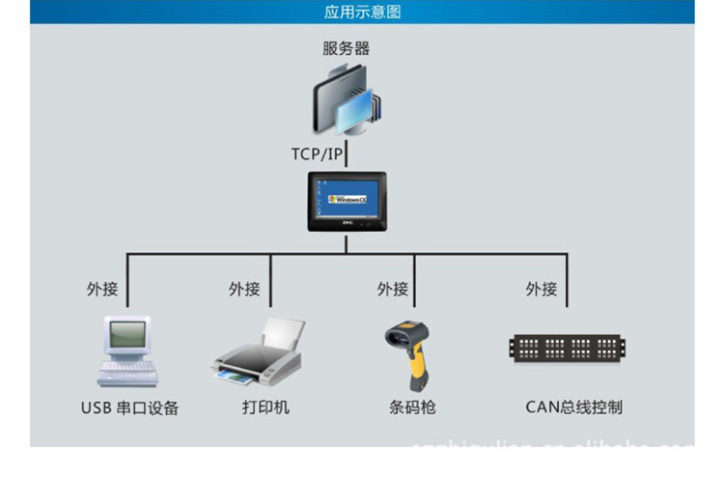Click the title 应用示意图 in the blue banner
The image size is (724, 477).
(x=361, y=13)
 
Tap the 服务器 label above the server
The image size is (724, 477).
(x=346, y=47)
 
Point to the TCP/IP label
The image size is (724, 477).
(x=317, y=154)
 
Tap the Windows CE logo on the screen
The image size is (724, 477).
(x=347, y=198)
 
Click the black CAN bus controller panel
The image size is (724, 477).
(x=568, y=348)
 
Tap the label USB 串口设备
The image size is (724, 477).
(x=129, y=407)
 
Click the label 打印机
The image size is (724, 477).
(x=265, y=407)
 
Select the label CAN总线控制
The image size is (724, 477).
(x=573, y=407)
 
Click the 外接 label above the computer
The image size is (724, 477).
(x=102, y=289)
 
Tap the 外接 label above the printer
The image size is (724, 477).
(x=244, y=289)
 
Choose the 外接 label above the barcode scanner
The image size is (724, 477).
(x=393, y=289)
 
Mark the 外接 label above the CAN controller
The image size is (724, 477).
(x=542, y=289)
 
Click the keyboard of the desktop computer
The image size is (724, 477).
(x=126, y=374)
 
